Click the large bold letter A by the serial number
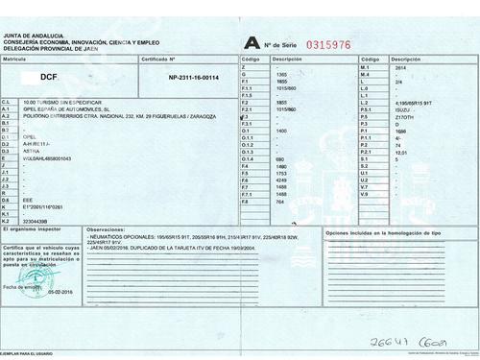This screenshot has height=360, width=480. point(251,42)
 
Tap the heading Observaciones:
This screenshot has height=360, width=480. point(104,231)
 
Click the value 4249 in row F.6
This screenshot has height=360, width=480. point(281,180)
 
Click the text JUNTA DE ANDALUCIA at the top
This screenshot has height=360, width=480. point(36,36)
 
